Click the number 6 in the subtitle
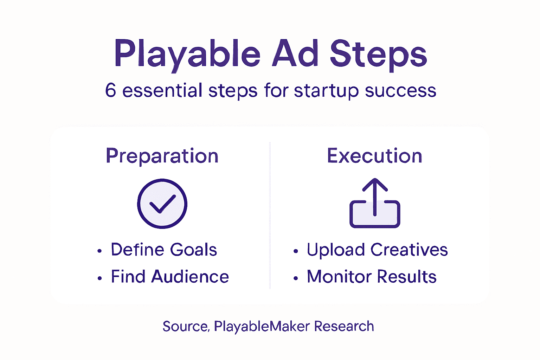110,90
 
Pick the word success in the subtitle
400,91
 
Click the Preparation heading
162,156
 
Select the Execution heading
374,156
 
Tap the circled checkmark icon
162,204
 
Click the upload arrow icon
375,203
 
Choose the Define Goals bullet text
164,250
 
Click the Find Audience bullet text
170,277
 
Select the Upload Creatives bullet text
377,250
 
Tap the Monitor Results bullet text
372,277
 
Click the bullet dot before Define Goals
100,251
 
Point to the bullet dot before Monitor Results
296,278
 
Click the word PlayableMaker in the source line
262,327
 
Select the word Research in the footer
344,326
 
